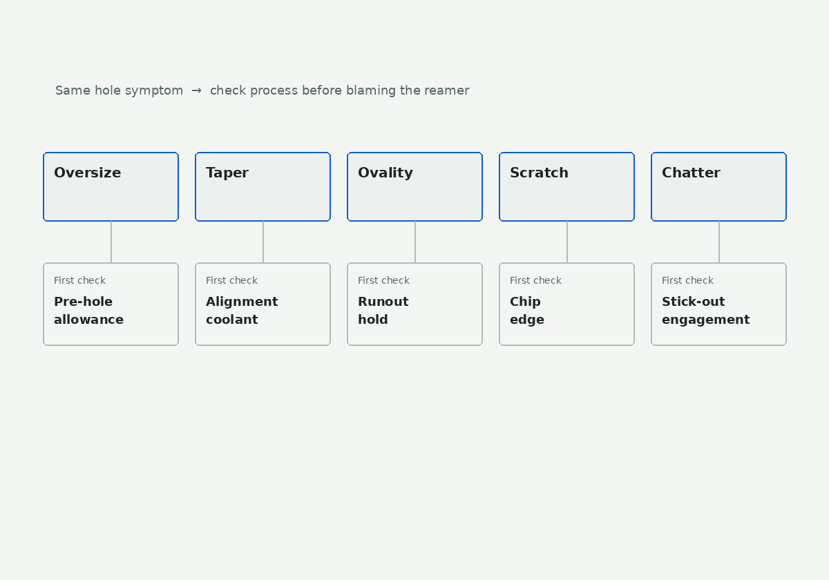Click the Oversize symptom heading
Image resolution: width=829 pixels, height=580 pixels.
(87, 173)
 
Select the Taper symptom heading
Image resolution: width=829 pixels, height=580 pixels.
(227, 173)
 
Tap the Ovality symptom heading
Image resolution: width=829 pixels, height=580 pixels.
(385, 173)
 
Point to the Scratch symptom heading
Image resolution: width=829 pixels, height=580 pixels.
(539, 173)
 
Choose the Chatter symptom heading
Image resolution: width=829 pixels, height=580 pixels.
(691, 173)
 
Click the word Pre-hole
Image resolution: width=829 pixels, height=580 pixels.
(84, 302)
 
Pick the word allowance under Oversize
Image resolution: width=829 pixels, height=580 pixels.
(89, 319)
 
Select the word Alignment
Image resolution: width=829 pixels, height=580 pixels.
(242, 302)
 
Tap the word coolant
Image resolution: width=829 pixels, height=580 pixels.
(232, 319)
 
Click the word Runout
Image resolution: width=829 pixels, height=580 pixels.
(383, 302)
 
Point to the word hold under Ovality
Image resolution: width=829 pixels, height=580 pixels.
(372, 319)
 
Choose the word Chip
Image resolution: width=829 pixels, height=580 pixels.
(525, 302)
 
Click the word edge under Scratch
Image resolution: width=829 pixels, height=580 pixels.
(527, 320)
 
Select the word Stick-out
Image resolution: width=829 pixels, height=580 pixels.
(693, 302)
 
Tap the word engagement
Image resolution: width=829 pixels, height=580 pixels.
(706, 320)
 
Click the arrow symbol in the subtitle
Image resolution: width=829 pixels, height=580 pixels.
(196, 90)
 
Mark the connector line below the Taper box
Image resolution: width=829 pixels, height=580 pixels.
(263, 242)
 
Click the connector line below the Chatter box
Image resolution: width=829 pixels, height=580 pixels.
(719, 242)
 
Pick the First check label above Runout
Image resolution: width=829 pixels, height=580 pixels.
(384, 280)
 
